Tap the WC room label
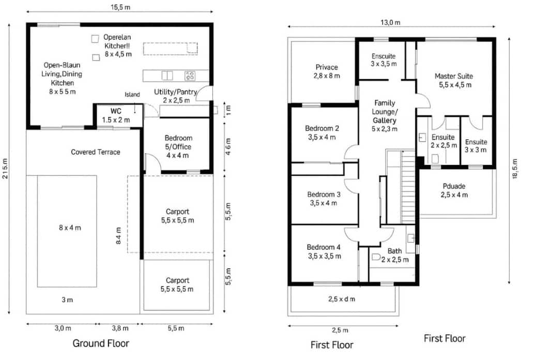pos(116,115)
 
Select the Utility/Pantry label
pos(175,96)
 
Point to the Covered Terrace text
pos(95,152)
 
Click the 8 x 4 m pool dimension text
pos(67,227)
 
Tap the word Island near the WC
pos(132,95)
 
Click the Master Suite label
pos(453,81)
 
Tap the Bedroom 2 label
pos(322,132)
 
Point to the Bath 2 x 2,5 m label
pos(394,255)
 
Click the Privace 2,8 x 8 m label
pos(327,71)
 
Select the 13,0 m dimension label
pos(390,22)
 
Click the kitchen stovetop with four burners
pos(190,76)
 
